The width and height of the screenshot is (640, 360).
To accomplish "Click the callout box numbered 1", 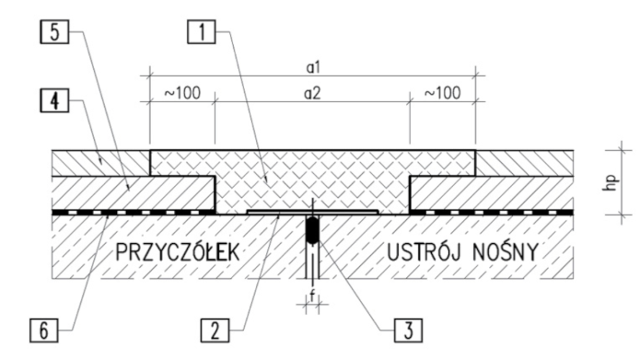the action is tap(202, 32).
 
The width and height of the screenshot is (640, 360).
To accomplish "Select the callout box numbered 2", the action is tap(215, 331).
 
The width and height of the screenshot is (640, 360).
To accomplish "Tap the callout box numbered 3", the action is tap(408, 331).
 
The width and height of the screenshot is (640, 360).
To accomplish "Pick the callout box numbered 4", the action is tap(54, 100).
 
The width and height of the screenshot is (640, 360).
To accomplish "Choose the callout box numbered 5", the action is tap(54, 32).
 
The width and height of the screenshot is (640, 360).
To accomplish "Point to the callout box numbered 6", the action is tap(43, 331).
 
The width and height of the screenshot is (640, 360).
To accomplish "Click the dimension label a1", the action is tap(313, 68).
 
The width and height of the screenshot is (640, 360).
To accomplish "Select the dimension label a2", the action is tap(312, 94).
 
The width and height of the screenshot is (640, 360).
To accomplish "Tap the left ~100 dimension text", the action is tap(182, 94).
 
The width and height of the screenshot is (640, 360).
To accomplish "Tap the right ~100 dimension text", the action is tap(443, 94).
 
